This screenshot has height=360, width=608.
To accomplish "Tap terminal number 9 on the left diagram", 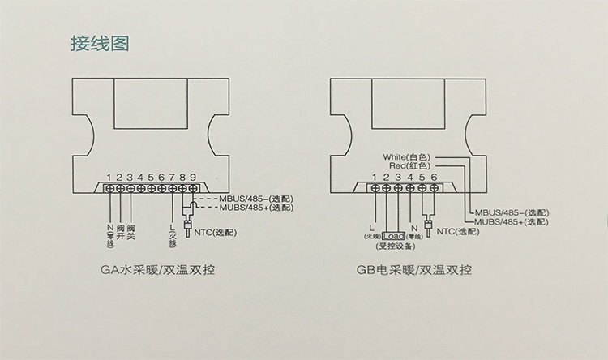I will (192, 176).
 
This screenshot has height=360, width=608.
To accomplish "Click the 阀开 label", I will (120, 231).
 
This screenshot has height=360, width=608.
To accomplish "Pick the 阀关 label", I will (131, 231).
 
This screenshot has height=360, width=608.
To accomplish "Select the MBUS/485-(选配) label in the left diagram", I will (251, 198).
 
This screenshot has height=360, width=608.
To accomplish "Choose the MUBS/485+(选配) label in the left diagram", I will (251, 208).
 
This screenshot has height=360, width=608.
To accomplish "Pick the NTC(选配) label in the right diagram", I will (457, 231).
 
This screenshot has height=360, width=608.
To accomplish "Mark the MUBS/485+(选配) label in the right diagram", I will (510, 220).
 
